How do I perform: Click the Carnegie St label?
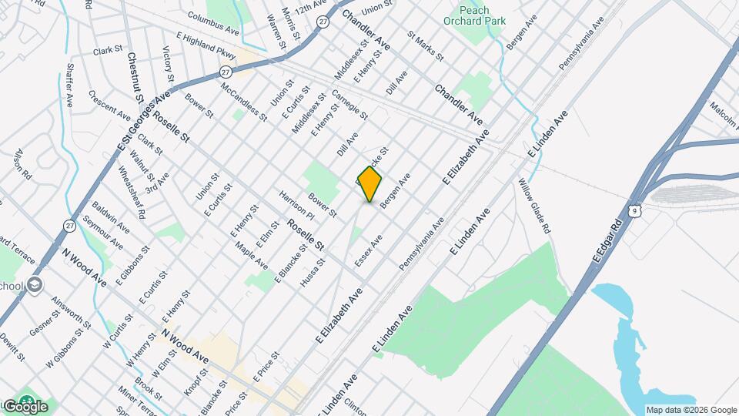349,105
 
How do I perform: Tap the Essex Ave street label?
369,252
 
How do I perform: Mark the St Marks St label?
426,46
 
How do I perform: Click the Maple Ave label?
252,257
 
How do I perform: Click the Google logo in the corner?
25,406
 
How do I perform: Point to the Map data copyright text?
691,410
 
